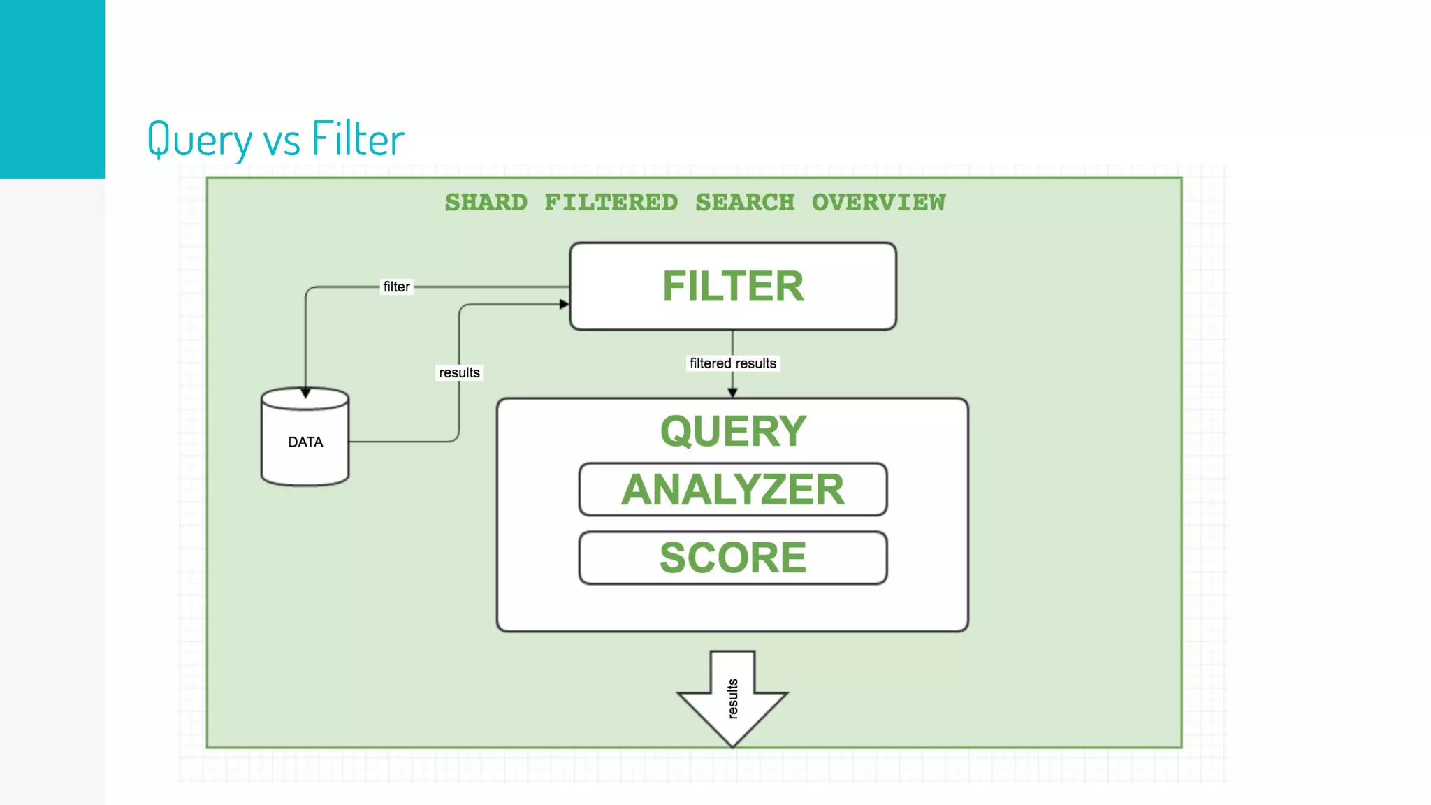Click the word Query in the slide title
199,138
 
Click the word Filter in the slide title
358,138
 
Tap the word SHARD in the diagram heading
486,203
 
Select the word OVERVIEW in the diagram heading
878,203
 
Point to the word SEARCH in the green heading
745,203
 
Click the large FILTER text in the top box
733,287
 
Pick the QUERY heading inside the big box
733,431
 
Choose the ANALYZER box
733,489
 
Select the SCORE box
733,558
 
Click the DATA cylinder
305,442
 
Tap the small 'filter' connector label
396,287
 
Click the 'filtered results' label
732,363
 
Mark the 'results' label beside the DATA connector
459,372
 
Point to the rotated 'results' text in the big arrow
732,698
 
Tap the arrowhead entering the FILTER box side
565,304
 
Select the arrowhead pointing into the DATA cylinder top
305,393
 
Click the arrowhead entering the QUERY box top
732,393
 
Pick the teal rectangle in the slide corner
52,89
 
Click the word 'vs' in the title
282,140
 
